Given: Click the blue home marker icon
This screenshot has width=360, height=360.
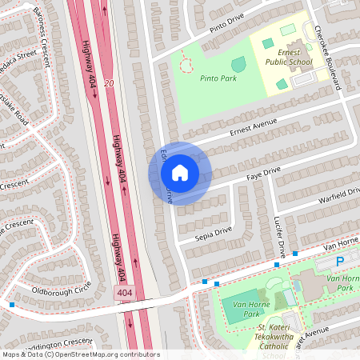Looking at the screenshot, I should (180, 173).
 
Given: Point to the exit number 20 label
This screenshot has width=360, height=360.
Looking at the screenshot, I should (109, 82).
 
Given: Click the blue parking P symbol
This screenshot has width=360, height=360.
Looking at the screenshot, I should (339, 261).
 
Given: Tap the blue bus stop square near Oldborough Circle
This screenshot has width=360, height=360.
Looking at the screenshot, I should (11, 304).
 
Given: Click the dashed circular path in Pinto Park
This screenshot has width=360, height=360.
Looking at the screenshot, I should (186, 62).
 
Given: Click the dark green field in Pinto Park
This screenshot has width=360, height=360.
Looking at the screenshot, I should (238, 64).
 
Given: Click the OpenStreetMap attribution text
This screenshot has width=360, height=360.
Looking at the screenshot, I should (81, 354).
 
